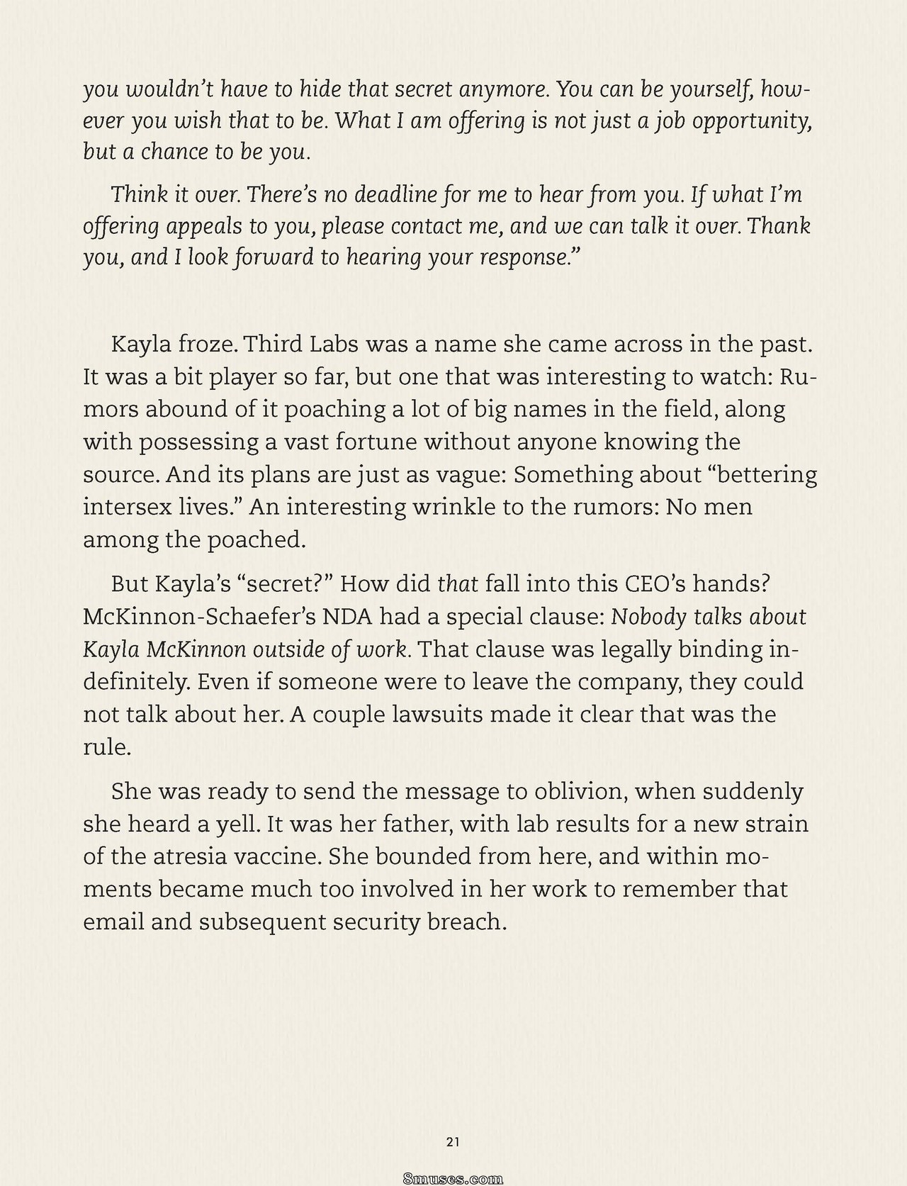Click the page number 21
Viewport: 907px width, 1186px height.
(x=453, y=1141)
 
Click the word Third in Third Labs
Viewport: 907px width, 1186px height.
(x=276, y=345)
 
